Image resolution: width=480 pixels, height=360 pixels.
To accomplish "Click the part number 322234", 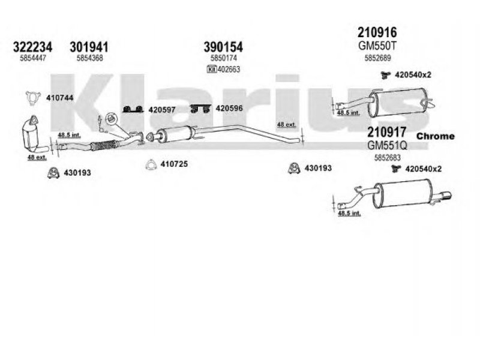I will tap(32, 47).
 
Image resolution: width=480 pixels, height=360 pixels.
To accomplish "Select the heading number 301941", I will tap(90, 47).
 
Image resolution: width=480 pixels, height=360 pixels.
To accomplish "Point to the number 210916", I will tap(377, 32).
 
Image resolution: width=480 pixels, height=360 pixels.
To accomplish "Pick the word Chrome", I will tap(435, 136).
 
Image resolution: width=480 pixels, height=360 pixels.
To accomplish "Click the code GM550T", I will tap(377, 46).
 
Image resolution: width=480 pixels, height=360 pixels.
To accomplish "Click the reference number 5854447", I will tap(32, 58).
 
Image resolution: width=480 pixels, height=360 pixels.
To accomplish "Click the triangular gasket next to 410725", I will tap(153, 164).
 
